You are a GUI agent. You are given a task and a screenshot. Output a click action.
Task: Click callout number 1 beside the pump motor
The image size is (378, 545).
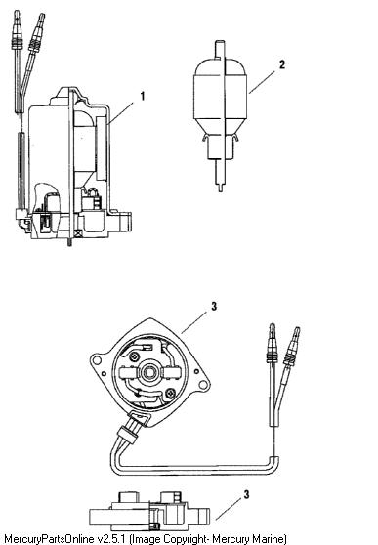[143, 96]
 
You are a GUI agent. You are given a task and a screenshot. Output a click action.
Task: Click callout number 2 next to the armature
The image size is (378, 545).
[281, 64]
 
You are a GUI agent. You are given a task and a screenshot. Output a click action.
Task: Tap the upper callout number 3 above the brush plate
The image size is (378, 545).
[214, 307]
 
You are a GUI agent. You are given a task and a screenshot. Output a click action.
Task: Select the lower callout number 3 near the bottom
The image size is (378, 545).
[246, 494]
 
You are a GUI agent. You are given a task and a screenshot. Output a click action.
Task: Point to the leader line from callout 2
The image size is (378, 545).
[262, 82]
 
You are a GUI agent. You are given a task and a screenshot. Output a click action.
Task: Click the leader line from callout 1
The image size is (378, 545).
[120, 113]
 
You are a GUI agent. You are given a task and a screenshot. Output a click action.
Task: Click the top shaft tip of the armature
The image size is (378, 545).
[220, 42]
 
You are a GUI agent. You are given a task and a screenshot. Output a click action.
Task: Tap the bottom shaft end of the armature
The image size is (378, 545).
[220, 189]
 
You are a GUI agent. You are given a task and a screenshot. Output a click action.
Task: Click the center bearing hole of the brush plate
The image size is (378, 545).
[149, 372]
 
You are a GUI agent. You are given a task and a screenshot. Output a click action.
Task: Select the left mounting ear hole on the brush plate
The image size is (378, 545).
[96, 360]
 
